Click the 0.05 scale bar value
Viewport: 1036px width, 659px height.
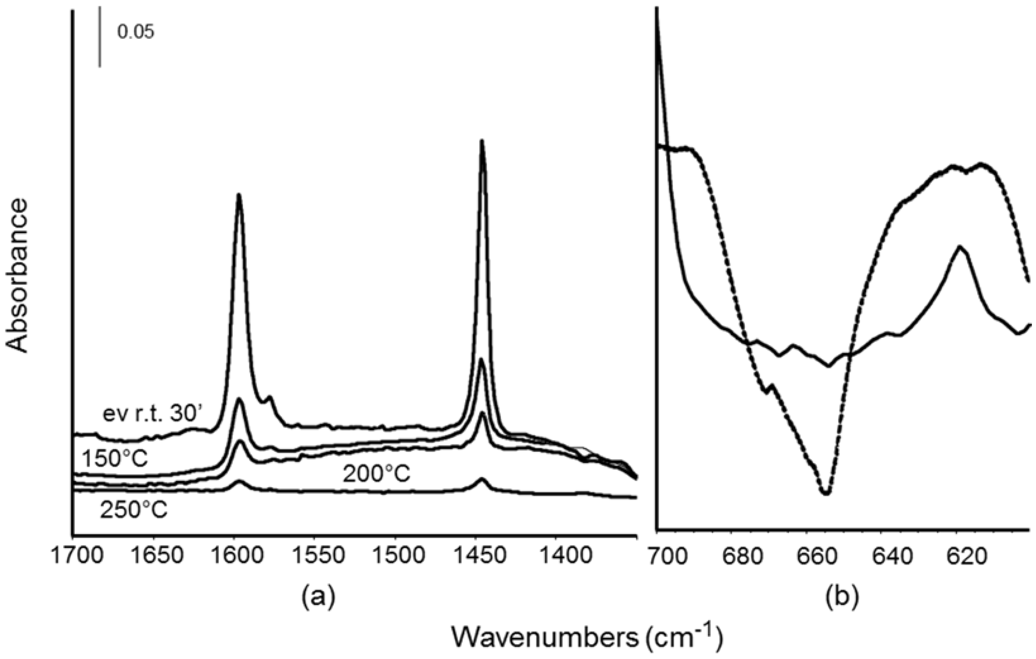click(x=136, y=33)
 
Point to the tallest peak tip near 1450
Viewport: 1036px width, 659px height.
click(x=482, y=141)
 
